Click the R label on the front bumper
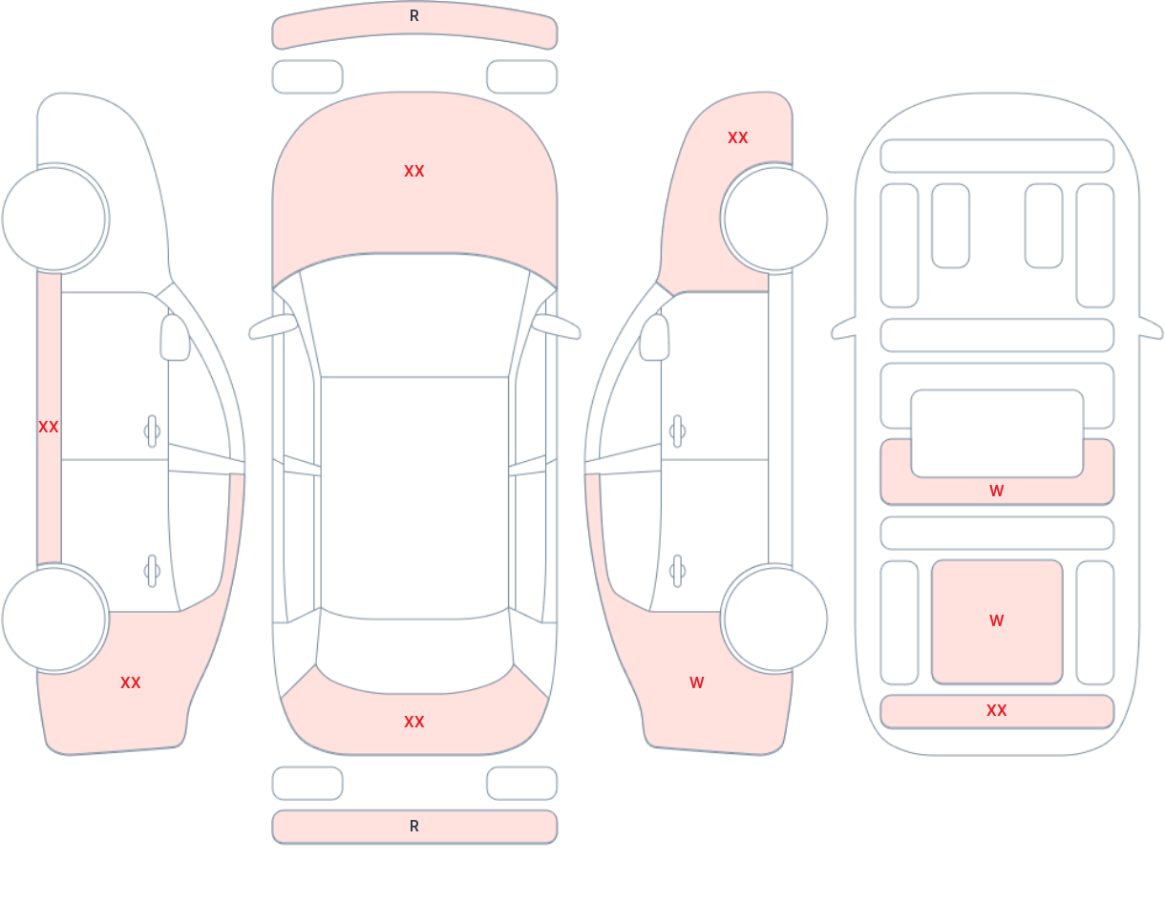coord(414,16)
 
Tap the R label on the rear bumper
coord(414,827)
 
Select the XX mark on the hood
coord(414,172)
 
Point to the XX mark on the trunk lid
coord(414,722)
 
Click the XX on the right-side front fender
coord(738,138)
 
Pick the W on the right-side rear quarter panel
coord(697,682)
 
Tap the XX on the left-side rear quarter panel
coord(131,682)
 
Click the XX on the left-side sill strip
coord(49,427)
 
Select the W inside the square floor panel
coord(997,620)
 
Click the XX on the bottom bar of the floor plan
coord(997,710)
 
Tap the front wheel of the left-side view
coord(54,220)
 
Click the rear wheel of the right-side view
coord(775,619)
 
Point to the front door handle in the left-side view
coord(152,431)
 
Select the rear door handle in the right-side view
coord(677,571)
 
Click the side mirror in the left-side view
coord(175,337)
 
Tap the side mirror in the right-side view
coord(654,337)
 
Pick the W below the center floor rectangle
coord(997,491)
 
